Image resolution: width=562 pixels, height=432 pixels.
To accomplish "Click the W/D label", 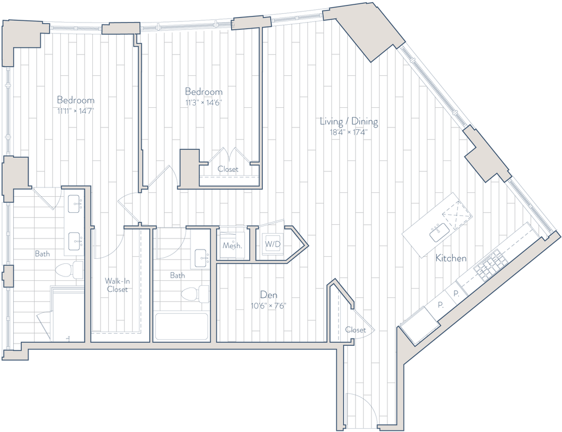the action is [272, 245].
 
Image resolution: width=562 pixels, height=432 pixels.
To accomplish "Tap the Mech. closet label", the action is [232, 246].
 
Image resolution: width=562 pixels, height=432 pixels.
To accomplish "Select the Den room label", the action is [269, 295].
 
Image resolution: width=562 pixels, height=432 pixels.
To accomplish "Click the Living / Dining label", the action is [349, 121].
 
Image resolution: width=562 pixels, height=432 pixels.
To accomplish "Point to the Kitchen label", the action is [451, 258].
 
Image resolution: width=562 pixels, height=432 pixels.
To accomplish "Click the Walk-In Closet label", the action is [117, 285].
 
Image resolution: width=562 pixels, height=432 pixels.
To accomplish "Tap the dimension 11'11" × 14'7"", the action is [76, 111].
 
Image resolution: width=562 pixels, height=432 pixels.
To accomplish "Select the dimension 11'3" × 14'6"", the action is [204, 103].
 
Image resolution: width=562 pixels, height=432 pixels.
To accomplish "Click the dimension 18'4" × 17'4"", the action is [349, 132].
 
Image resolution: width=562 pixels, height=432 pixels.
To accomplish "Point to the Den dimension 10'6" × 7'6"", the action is [269, 306].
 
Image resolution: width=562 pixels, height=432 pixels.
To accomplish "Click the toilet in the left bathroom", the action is [69, 270].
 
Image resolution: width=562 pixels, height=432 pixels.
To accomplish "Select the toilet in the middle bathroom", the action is [195, 294].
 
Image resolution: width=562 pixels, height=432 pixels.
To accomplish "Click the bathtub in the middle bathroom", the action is [181, 326].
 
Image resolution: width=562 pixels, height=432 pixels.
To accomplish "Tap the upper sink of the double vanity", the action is [75, 204].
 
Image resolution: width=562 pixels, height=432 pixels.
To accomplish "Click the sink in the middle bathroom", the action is [201, 258].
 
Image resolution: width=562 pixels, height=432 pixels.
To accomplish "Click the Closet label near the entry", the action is [356, 330].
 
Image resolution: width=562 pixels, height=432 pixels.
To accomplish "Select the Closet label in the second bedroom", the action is [228, 169].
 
